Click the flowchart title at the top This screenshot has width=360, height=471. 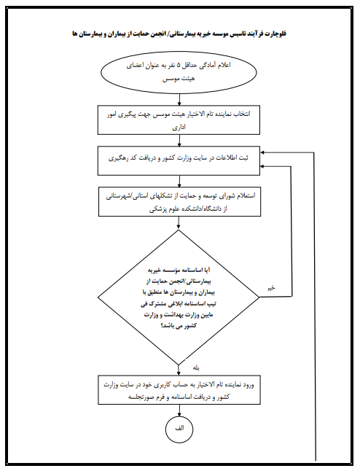coord(179,34)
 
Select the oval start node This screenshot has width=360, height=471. coord(179,72)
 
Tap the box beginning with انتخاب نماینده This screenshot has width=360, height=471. coord(179,120)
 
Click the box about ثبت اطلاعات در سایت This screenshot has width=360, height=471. coord(179,160)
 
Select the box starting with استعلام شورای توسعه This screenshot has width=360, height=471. coord(179,201)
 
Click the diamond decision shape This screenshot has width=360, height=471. coord(179,297)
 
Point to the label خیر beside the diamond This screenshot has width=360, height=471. coord(271,288)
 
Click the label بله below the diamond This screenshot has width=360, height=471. coord(196,367)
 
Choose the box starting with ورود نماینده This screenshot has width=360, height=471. coord(179,389)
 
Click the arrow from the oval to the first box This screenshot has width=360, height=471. coord(179,99)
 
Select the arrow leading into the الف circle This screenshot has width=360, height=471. coord(179,410)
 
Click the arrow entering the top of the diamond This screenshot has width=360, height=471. coord(179,223)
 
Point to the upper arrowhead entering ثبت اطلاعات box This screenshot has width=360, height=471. coord(262,152)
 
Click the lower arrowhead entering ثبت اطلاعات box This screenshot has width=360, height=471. coord(262,166)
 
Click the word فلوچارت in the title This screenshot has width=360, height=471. coord(275,34)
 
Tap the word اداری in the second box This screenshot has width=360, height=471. coord(179,127)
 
